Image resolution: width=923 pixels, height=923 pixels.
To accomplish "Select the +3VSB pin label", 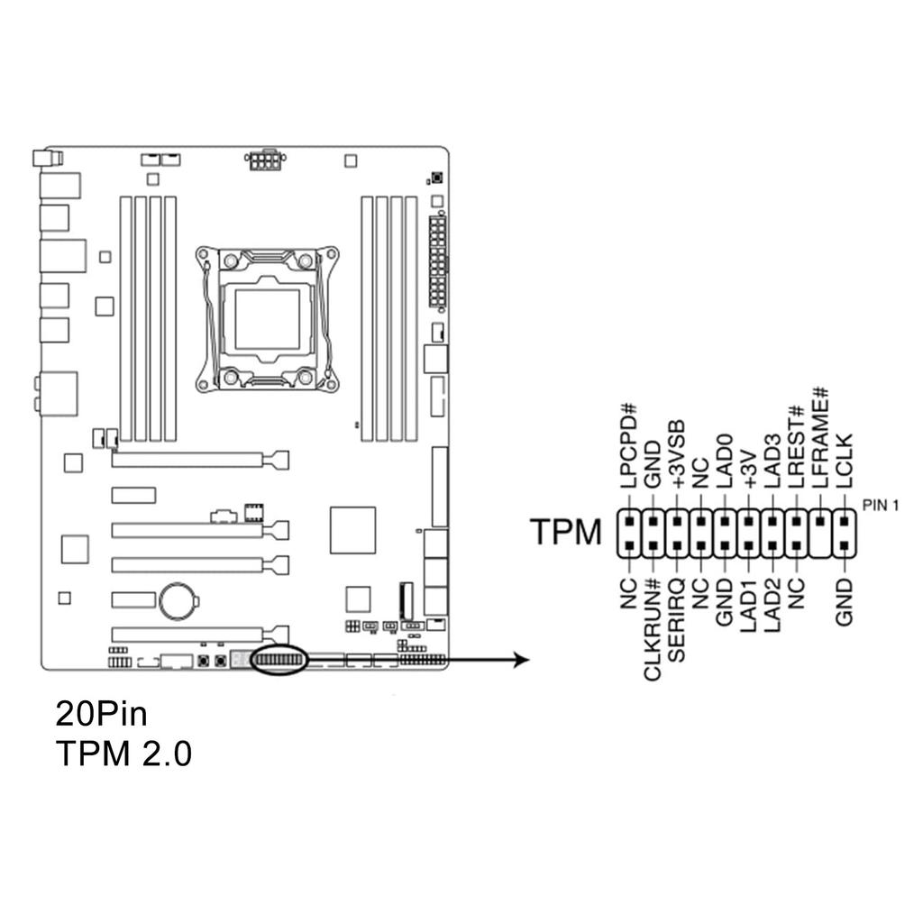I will [x=676, y=455].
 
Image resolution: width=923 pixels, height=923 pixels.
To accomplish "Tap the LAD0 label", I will [x=724, y=461].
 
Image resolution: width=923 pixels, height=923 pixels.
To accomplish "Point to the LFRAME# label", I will [x=820, y=439].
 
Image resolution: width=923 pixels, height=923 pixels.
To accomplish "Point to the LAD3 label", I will [x=772, y=461].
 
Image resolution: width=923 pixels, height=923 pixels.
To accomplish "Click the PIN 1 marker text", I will [x=881, y=505].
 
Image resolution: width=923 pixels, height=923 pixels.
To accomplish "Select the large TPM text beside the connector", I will [x=565, y=533].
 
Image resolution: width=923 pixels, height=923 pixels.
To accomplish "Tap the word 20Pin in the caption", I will [x=101, y=715].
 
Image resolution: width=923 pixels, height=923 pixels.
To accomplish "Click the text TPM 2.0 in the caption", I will [x=123, y=754].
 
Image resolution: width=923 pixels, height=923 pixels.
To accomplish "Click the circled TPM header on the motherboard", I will [x=279, y=661].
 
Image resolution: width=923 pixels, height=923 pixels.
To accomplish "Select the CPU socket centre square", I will [x=267, y=318].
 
